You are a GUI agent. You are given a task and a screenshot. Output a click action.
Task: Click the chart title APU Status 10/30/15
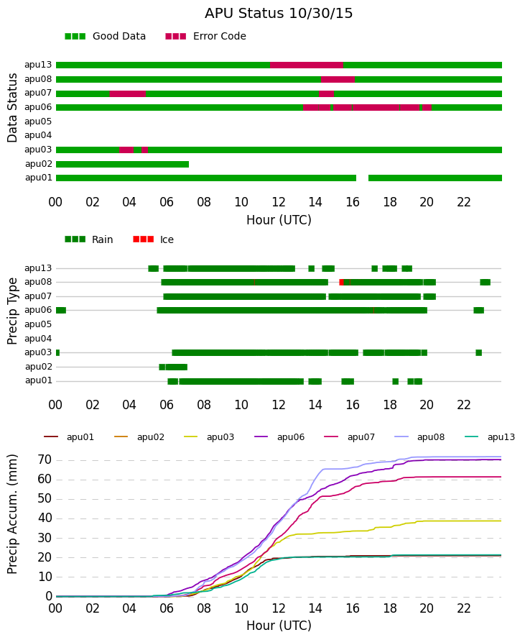click(279, 13)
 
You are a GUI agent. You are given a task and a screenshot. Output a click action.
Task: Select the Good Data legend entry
click(105, 37)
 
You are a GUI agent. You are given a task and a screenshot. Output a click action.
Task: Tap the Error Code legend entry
click(206, 37)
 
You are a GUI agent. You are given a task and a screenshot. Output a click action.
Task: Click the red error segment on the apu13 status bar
click(307, 65)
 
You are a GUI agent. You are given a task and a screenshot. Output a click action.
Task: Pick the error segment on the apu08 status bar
click(338, 79)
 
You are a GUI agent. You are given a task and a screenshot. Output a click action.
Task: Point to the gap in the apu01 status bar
click(363, 178)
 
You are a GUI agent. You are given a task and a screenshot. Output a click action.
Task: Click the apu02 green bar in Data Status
click(122, 164)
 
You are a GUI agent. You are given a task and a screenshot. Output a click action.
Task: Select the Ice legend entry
click(153, 239)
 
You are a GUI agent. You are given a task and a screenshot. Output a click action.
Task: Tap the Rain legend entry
click(89, 239)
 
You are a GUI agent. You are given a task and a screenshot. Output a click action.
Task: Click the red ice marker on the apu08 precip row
click(342, 282)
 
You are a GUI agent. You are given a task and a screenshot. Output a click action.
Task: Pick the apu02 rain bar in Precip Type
click(173, 367)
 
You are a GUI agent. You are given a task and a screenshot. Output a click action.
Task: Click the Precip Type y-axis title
click(12, 311)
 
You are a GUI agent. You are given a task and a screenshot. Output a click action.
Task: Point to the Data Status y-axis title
click(12, 108)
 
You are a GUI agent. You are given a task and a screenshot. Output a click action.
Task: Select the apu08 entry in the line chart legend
click(419, 437)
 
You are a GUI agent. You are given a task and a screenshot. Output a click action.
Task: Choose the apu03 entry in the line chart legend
click(209, 437)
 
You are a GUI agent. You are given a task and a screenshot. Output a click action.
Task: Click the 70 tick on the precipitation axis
click(45, 460)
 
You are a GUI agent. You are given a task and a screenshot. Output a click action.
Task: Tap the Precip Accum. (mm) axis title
click(12, 514)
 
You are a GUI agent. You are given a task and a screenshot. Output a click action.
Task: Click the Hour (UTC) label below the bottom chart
click(279, 626)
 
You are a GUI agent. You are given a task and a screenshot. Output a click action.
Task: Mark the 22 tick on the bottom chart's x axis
click(464, 608)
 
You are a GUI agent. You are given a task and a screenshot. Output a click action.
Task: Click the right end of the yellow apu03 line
click(501, 521)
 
